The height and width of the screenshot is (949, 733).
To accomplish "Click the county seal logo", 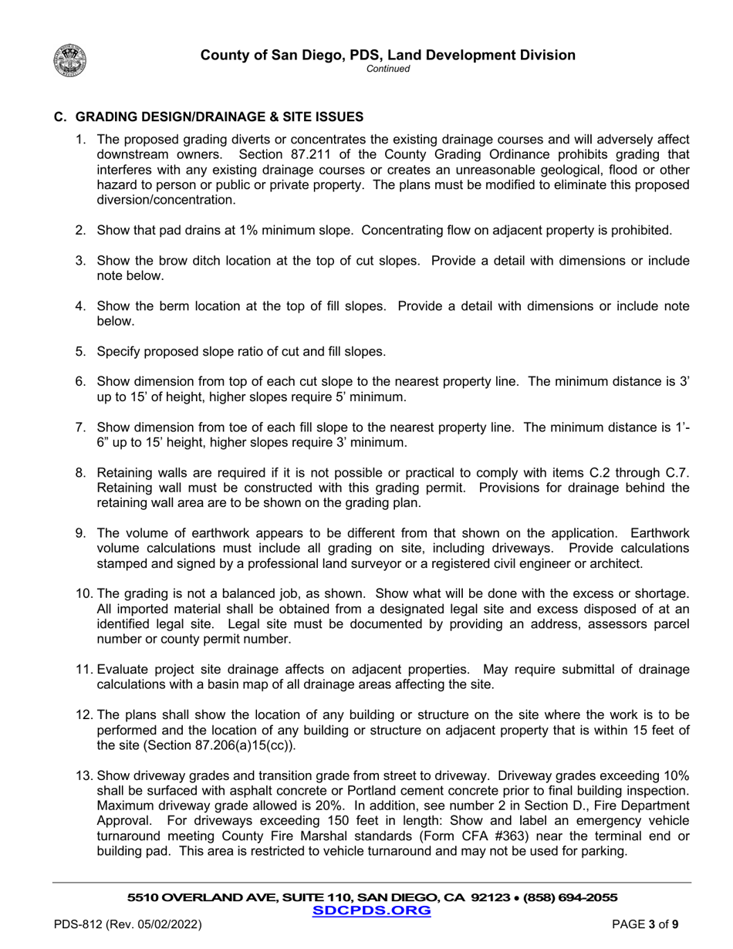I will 70,59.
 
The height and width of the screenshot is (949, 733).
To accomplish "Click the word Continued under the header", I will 388,69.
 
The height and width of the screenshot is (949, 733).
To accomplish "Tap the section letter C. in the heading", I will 60,117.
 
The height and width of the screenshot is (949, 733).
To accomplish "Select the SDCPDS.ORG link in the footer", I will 372,910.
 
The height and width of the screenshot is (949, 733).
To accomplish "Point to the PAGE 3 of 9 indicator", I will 646,924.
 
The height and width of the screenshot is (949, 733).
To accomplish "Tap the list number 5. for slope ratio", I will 81,351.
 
